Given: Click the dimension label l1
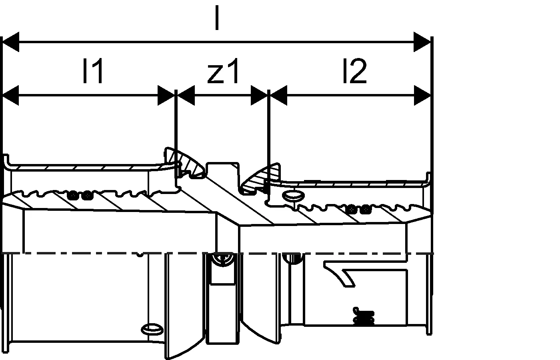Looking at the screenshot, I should tap(93, 71).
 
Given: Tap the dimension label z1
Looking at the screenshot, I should tap(223, 71).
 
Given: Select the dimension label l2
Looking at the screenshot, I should tap(354, 71).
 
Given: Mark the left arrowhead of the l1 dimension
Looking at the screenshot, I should tap(11, 96).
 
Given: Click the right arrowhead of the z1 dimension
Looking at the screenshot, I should tap(259, 96).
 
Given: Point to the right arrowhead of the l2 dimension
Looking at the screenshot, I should tap(422, 96).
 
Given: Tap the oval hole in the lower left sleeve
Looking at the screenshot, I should tap(152, 329).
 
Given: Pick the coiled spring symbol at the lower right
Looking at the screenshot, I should tap(364, 316).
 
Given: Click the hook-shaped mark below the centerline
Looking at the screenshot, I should tap(342, 272).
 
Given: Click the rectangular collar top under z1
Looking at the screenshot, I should tap(223, 166).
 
